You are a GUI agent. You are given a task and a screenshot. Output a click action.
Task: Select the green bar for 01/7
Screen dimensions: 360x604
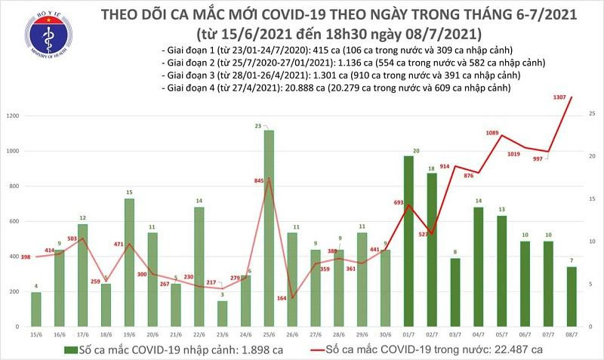point(408,241)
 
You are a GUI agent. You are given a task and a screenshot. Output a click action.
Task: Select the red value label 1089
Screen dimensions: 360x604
point(495,133)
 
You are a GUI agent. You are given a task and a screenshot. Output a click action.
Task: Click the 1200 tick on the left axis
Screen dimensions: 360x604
point(13,116)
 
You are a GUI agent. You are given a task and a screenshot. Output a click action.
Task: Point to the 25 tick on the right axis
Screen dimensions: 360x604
point(593,113)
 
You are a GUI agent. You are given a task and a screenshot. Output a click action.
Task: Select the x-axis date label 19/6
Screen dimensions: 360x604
point(129,334)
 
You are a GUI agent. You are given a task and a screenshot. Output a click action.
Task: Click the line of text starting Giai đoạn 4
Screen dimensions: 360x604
point(336,88)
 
